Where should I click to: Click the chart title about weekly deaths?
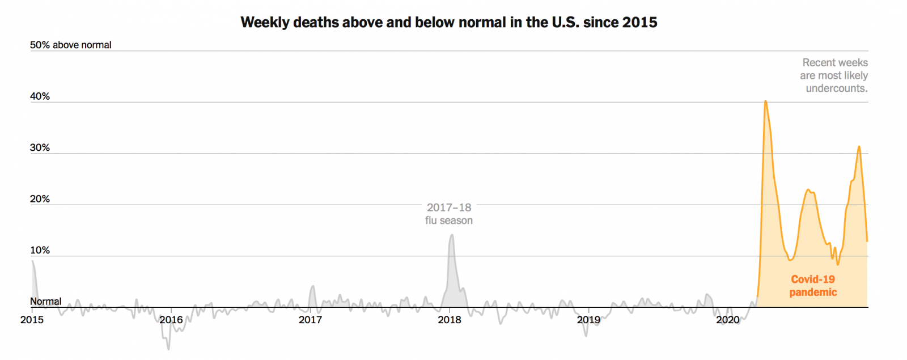448,22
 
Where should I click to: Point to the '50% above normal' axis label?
70,45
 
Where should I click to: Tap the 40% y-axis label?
40,96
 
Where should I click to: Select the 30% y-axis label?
40,147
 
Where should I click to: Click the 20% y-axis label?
40,199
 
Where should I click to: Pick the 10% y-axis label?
40,250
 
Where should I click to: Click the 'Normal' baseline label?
45,302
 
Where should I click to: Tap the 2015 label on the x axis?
32,320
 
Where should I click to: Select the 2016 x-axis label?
171,320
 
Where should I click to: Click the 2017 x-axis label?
310,320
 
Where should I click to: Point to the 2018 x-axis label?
450,320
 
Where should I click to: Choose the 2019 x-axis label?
588,320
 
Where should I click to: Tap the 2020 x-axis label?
728,320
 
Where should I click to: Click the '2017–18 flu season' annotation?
449,214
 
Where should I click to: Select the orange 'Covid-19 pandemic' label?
813,286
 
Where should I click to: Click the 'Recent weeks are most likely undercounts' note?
834,75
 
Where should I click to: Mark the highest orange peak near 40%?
765,101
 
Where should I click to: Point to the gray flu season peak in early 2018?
452,235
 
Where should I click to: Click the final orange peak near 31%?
859,147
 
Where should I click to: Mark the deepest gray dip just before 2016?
168,349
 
